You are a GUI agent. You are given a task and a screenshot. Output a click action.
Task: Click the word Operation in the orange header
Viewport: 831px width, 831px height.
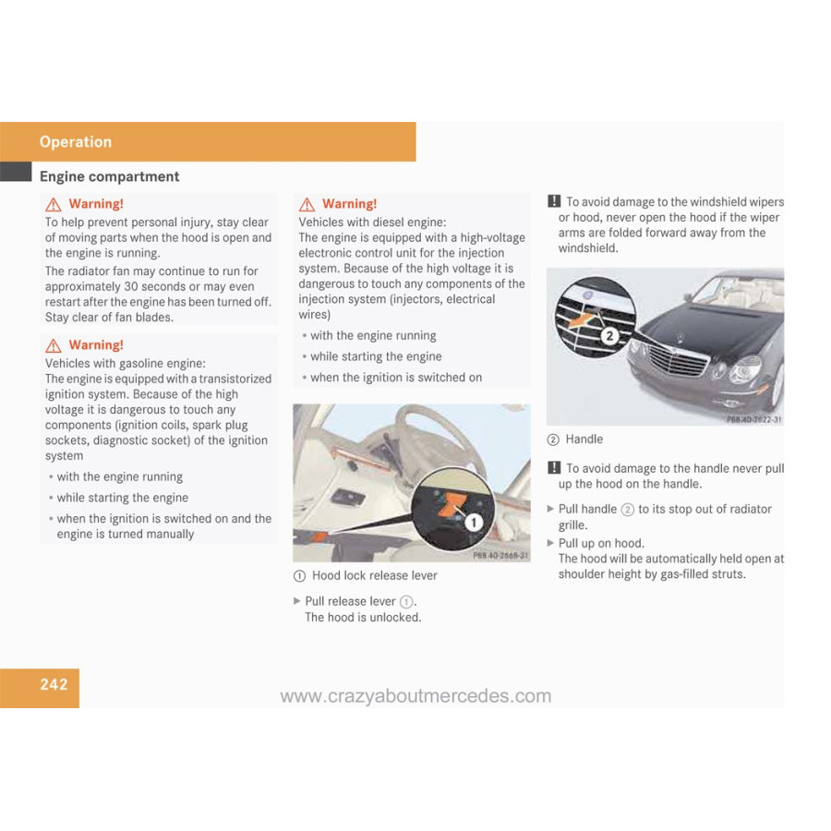point(76,141)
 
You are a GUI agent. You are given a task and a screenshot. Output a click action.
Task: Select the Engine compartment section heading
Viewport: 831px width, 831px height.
point(109,176)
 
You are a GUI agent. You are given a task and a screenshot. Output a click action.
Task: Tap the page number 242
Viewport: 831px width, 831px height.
point(54,684)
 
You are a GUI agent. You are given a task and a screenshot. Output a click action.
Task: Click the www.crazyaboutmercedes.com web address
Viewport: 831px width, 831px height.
point(415,696)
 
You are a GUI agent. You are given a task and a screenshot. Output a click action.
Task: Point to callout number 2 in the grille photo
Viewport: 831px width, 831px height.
point(609,335)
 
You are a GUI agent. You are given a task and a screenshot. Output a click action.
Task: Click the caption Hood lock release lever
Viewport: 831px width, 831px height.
point(374,575)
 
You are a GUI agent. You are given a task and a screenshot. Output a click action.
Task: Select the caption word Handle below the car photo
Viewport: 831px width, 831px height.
point(584,440)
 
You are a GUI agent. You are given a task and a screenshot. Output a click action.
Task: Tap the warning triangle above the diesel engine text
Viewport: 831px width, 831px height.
point(307,205)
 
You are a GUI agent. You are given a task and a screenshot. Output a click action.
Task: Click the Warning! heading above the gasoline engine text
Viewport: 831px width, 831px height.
point(96,344)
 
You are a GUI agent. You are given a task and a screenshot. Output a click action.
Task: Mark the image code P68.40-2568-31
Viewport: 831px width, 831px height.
point(500,556)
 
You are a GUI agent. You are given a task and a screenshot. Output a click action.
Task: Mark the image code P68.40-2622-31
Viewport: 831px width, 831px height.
point(753,419)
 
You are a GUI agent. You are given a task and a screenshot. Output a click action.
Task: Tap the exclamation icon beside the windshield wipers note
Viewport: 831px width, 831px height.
point(554,201)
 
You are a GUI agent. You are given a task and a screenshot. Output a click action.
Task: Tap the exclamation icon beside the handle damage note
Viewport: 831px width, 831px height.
point(554,468)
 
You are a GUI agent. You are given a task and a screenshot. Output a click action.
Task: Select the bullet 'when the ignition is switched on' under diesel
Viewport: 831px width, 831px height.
point(395,378)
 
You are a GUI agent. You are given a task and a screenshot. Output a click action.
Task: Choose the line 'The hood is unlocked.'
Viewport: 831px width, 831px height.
point(363,617)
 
